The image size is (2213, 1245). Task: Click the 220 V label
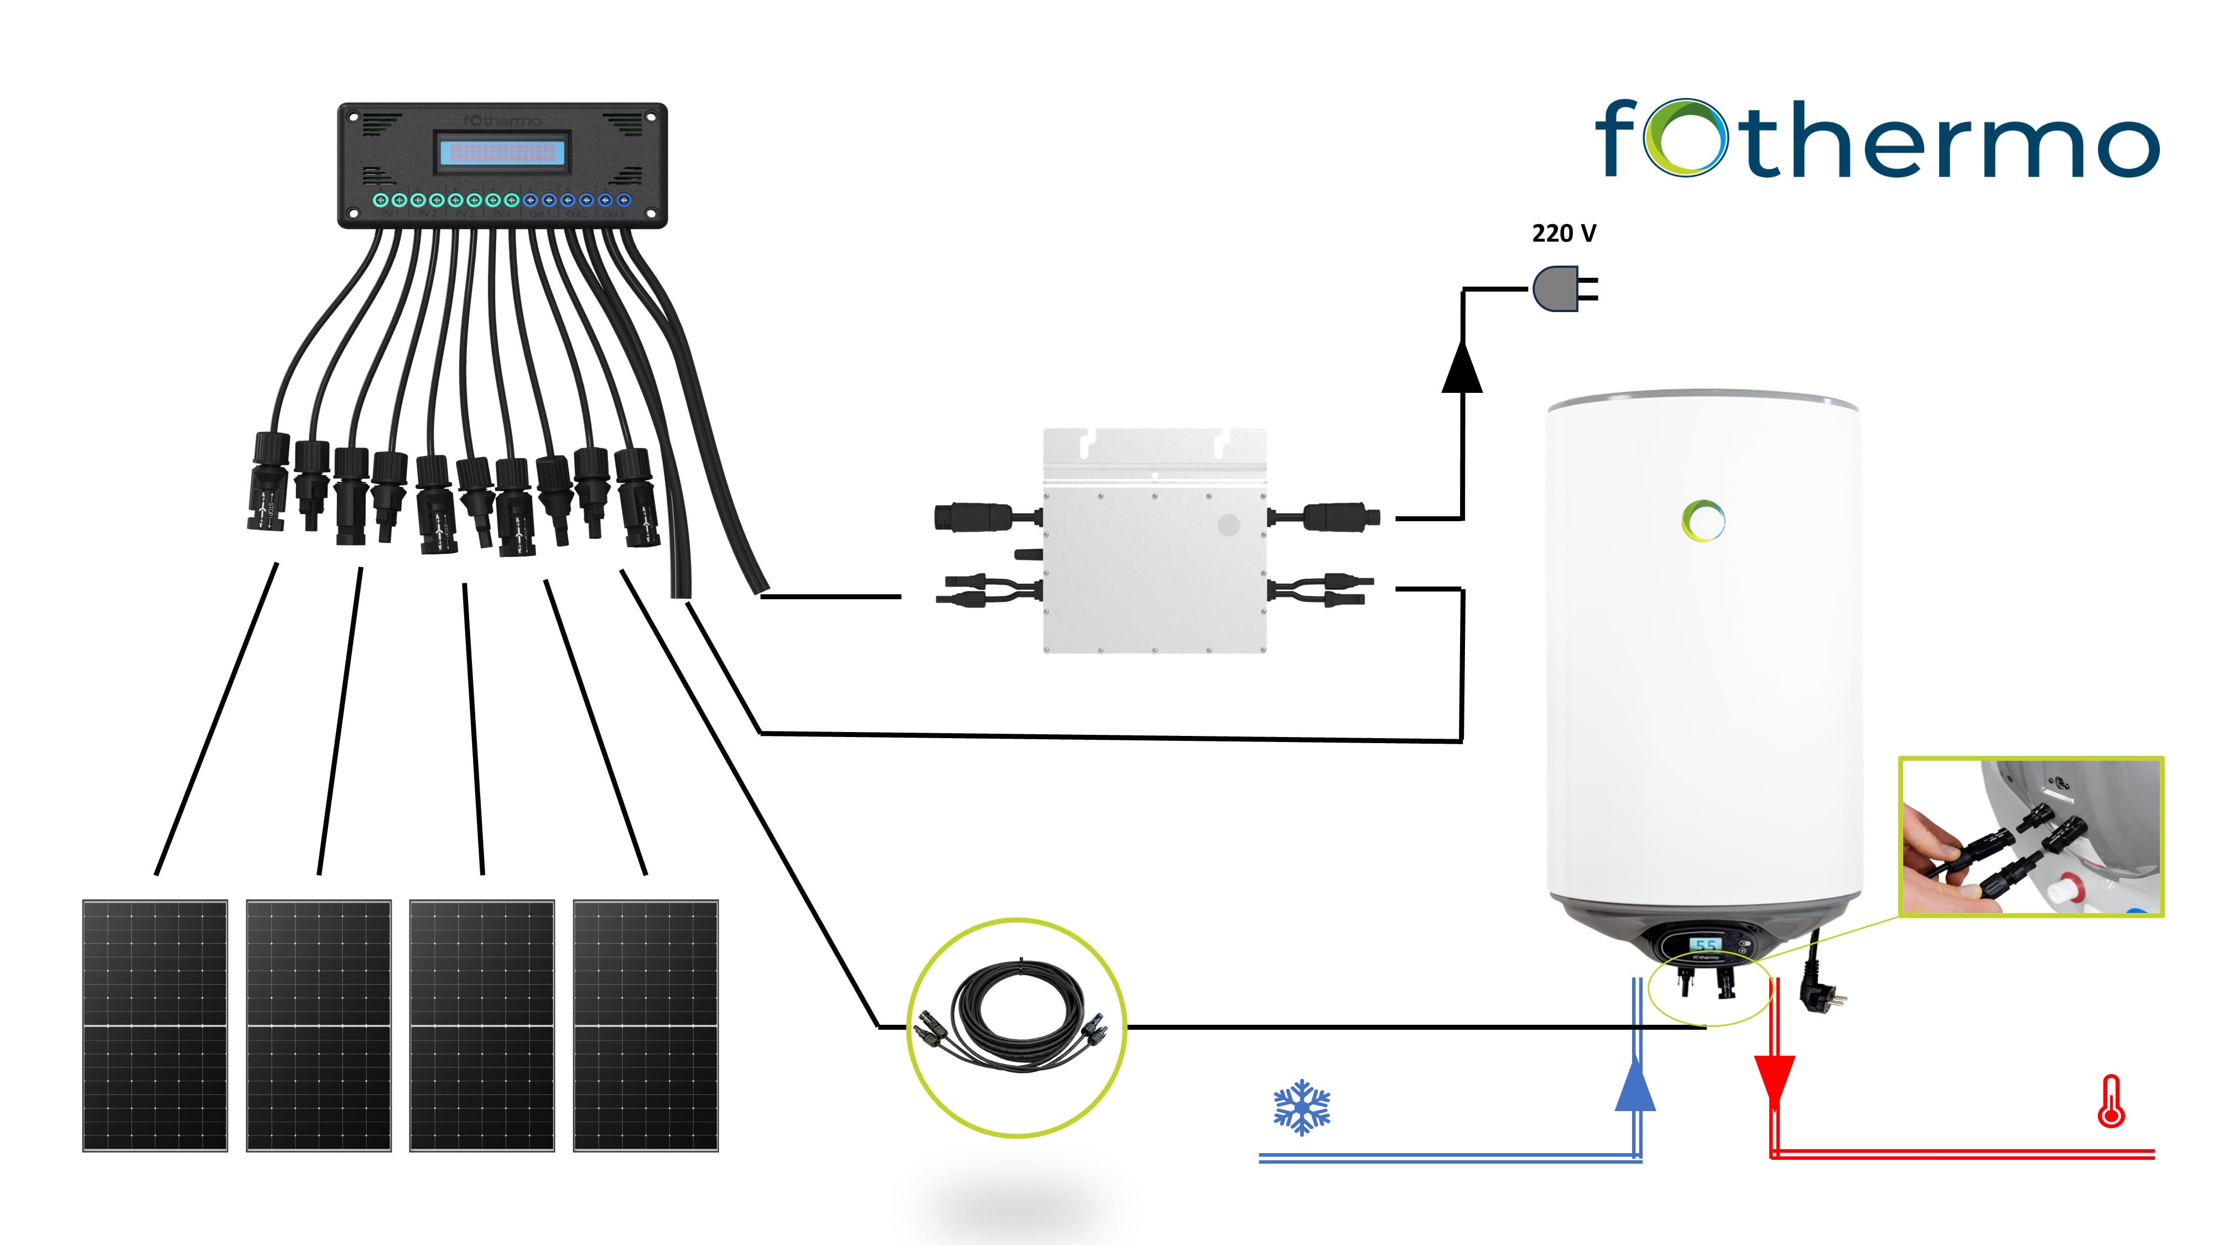(x=1563, y=234)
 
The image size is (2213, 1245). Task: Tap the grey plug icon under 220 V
(x=1557, y=289)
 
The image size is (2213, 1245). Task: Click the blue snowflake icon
(x=1301, y=1107)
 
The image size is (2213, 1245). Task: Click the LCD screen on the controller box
(x=502, y=153)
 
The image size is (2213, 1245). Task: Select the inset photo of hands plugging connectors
(x=2031, y=837)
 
